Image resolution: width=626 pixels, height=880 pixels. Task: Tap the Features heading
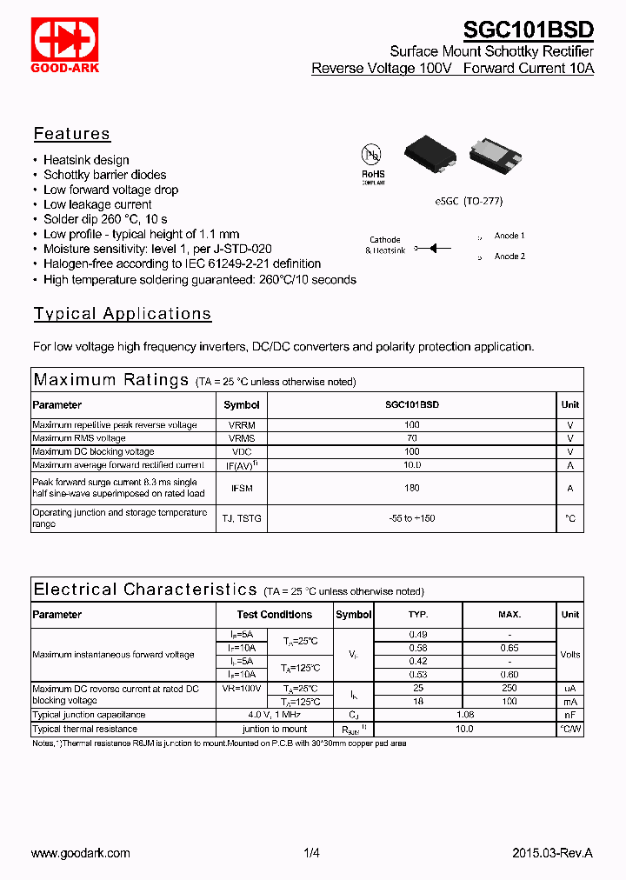[x=72, y=134]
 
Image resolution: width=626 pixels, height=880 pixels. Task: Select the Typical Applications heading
[x=123, y=314]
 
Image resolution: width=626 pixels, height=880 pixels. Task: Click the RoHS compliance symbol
[x=372, y=161]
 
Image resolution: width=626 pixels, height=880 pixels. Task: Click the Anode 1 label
[x=509, y=236]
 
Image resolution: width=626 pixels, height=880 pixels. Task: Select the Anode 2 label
[x=509, y=257]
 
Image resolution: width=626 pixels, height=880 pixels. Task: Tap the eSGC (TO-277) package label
[x=469, y=201]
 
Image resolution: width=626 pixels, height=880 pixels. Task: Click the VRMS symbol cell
[x=242, y=438]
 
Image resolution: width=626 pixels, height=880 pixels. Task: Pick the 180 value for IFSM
[x=412, y=489]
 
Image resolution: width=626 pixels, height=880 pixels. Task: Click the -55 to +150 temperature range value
[x=412, y=518]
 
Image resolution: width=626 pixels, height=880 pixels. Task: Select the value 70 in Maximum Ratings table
[x=412, y=438]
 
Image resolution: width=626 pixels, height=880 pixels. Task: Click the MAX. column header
[x=509, y=615]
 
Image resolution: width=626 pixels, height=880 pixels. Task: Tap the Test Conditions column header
[x=274, y=615]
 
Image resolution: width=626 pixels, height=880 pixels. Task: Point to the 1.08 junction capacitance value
[x=464, y=715]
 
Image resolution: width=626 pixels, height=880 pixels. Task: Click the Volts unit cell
[x=570, y=655]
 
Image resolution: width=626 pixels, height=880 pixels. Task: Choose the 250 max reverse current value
[x=509, y=689]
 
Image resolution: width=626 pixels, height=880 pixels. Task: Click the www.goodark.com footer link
[x=81, y=853]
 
